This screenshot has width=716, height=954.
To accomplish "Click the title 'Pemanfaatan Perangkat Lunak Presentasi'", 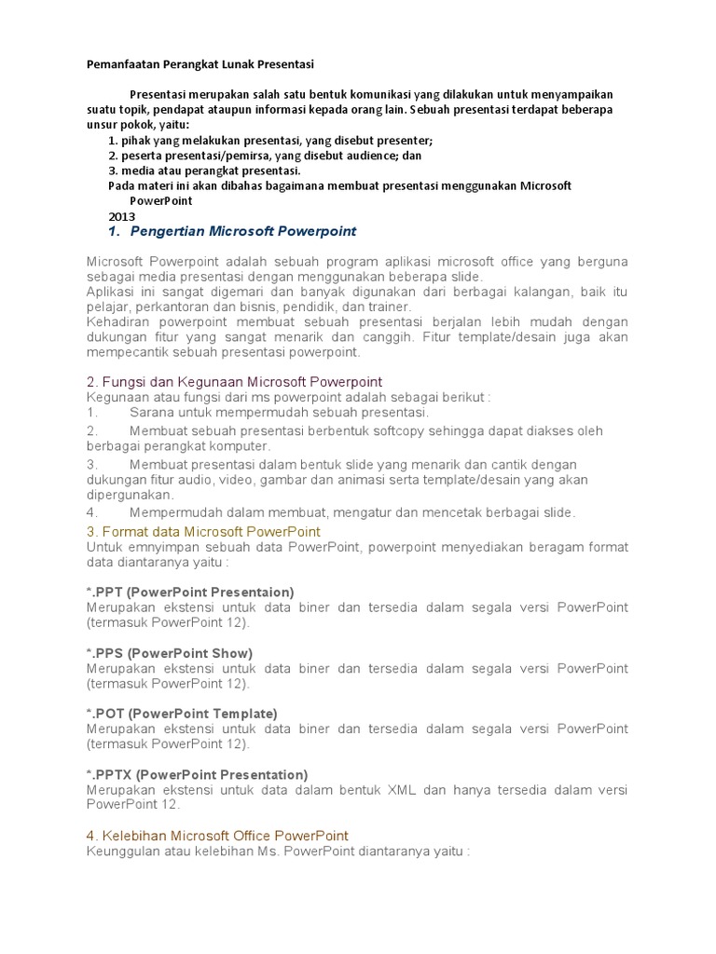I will click(200, 64).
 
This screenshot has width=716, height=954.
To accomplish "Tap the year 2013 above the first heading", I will click(122, 216).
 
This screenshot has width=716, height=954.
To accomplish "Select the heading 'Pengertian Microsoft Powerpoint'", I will click(243, 231).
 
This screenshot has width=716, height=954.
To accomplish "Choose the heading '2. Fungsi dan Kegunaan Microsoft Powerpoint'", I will click(234, 382).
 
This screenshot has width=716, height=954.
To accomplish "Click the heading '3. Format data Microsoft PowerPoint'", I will click(203, 531).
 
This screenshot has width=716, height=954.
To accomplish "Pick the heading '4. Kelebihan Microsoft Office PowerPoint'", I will click(217, 836).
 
